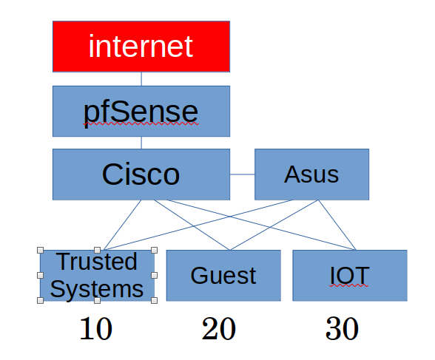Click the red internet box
141,46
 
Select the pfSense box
141,111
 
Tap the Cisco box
141,174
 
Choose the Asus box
311,174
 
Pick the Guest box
223,275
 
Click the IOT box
349,275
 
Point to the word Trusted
97,262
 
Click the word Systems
97,288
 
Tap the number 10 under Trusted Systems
95,330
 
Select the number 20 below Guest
218,330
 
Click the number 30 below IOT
342,330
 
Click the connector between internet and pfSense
141,78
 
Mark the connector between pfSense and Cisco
141,143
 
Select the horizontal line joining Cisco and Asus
242,174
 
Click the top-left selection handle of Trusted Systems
40,250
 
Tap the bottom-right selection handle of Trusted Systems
154,300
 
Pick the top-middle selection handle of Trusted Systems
97,250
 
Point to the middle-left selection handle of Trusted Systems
40,275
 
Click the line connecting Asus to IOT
337,225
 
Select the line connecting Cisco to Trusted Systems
130,225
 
